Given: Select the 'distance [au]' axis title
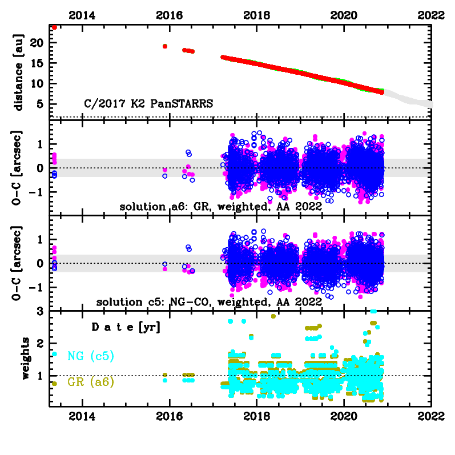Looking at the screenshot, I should coord(19,71).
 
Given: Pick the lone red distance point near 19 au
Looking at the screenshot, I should coord(165,46).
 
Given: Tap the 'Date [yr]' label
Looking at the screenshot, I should coord(126,328).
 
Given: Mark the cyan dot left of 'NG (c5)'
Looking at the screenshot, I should coord(54,354).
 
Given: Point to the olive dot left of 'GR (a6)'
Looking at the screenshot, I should coord(54,384).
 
